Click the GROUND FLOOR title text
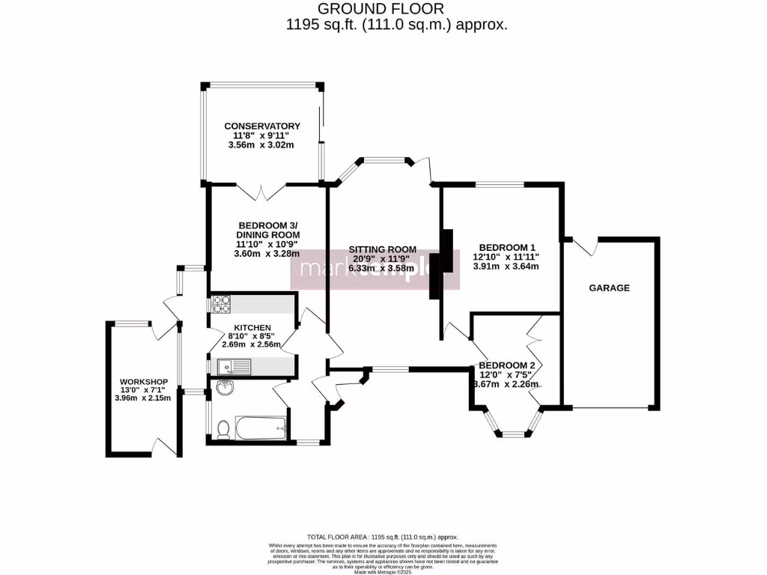click(x=381, y=9)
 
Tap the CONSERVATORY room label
click(x=263, y=126)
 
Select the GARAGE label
click(x=609, y=287)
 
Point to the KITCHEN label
click(x=252, y=328)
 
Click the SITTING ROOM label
click(x=382, y=249)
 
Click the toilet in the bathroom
click(x=222, y=429)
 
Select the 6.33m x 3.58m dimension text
click(x=382, y=269)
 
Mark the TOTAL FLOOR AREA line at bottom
click(x=383, y=538)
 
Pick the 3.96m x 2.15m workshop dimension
click(x=142, y=398)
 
